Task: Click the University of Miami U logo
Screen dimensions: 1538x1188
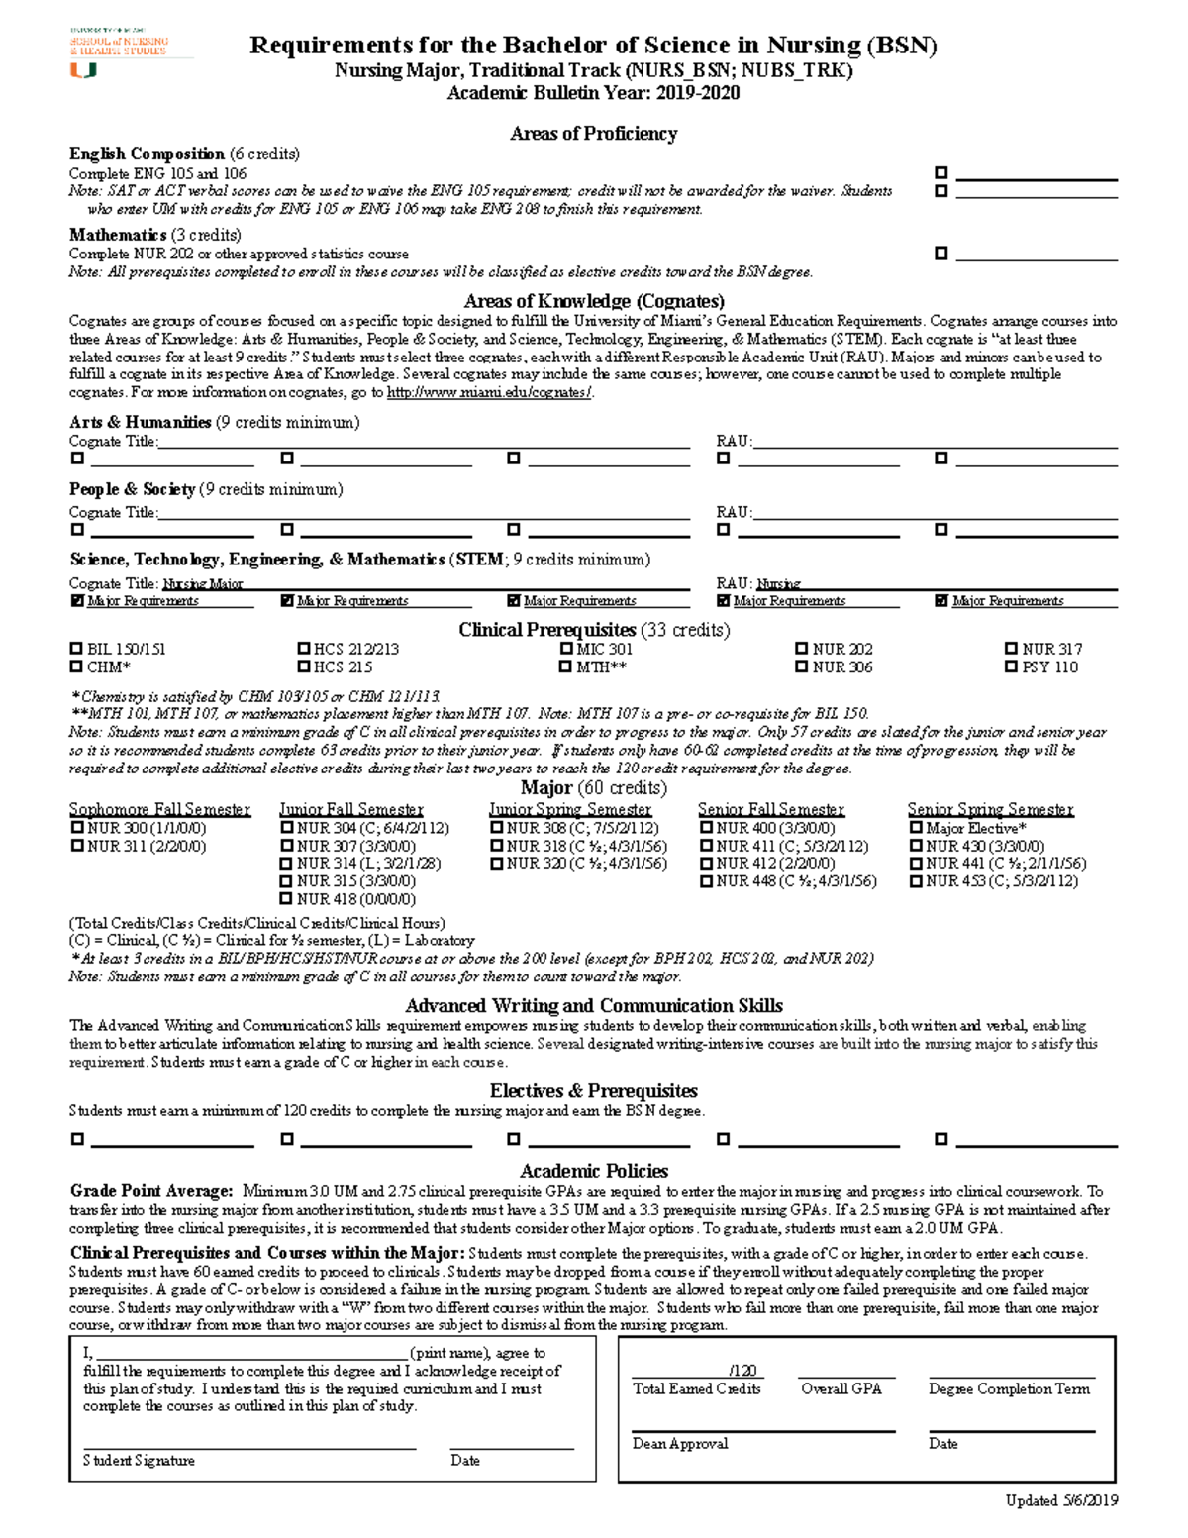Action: coord(82,70)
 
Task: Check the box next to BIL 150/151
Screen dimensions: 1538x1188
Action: coord(76,649)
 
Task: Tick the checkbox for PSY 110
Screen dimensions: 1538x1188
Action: coord(1011,666)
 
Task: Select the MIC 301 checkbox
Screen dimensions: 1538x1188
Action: coord(566,649)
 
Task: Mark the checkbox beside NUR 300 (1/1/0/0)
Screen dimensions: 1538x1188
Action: coord(76,828)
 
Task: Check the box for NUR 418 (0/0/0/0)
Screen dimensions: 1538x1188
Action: coord(286,899)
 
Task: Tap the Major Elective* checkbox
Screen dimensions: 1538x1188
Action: coord(915,828)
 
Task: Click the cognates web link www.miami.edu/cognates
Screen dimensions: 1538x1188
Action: coord(489,393)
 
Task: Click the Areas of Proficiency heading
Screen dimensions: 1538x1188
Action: coord(593,134)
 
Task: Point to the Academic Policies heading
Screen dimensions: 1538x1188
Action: coord(594,1171)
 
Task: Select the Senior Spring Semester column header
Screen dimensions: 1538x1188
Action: coord(990,809)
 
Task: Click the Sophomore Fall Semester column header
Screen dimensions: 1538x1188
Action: coord(159,809)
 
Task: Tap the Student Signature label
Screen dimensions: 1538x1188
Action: coord(139,1461)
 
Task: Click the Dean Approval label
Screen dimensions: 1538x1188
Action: coord(680,1444)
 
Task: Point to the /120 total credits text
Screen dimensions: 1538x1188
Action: coord(742,1371)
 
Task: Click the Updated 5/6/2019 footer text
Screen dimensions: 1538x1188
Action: coord(1061,1500)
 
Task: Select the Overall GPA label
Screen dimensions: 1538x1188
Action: coord(841,1389)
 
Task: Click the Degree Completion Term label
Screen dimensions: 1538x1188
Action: coord(1009,1389)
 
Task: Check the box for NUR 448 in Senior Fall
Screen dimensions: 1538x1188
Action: coord(706,881)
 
